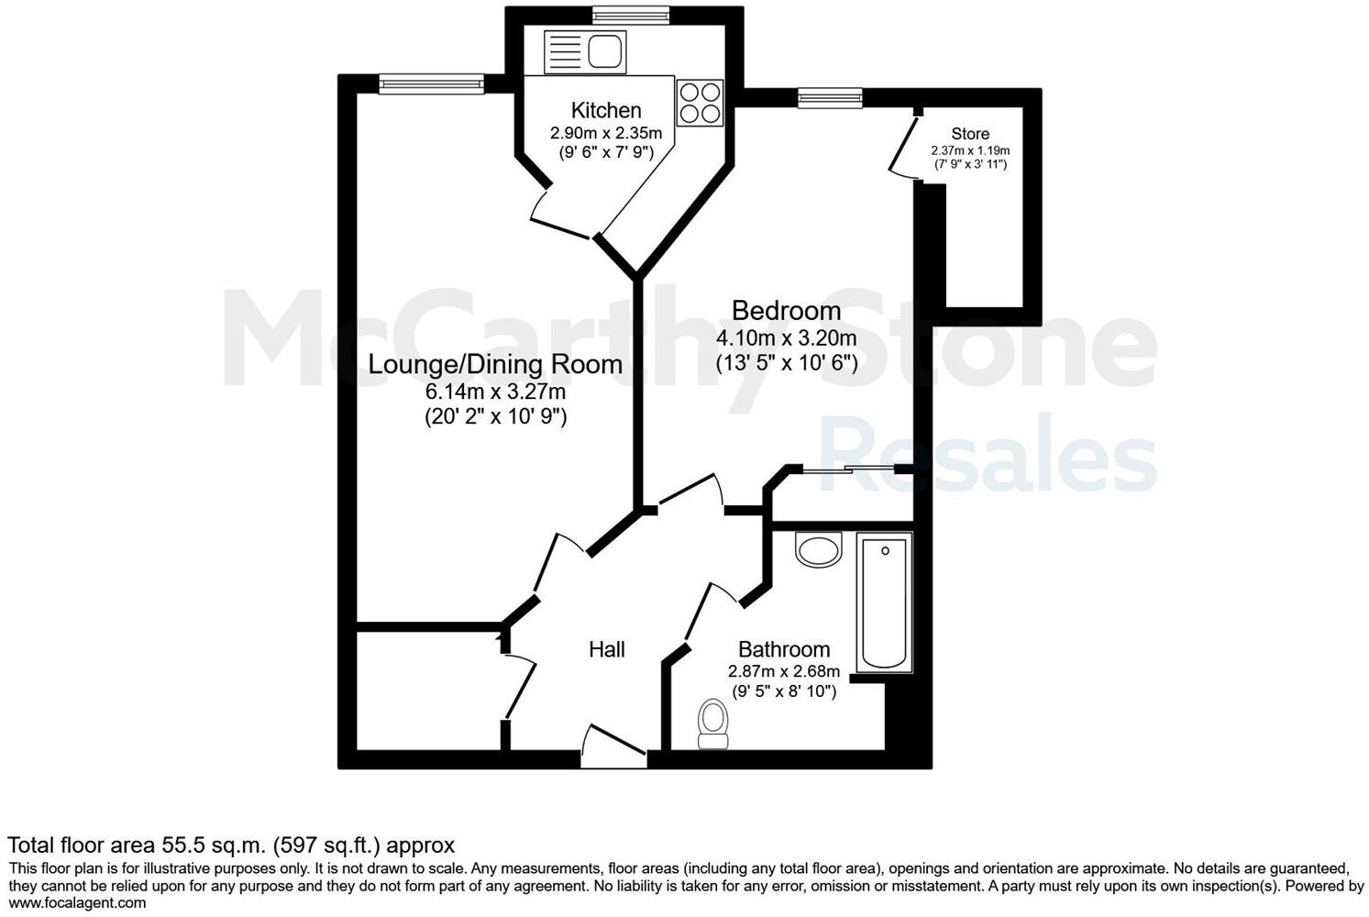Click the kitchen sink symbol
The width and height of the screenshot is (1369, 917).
(x=584, y=52)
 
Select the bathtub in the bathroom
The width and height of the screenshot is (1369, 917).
(x=885, y=602)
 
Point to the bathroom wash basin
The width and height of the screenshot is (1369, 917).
(x=818, y=550)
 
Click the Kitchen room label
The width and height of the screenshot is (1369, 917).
(x=606, y=111)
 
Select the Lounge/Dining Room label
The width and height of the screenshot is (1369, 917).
(x=495, y=364)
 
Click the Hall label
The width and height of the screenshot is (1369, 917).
(x=606, y=650)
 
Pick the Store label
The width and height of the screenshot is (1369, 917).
(x=970, y=134)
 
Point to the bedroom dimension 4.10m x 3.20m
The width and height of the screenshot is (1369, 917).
(x=786, y=337)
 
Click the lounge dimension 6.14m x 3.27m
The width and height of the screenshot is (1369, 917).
(x=495, y=392)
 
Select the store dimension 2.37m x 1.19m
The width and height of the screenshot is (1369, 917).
(x=970, y=150)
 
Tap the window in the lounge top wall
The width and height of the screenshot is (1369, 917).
(x=431, y=84)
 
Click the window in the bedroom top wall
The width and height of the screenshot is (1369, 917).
(x=830, y=97)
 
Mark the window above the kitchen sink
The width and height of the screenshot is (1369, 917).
(x=630, y=14)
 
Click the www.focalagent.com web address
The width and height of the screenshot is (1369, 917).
(x=77, y=903)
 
